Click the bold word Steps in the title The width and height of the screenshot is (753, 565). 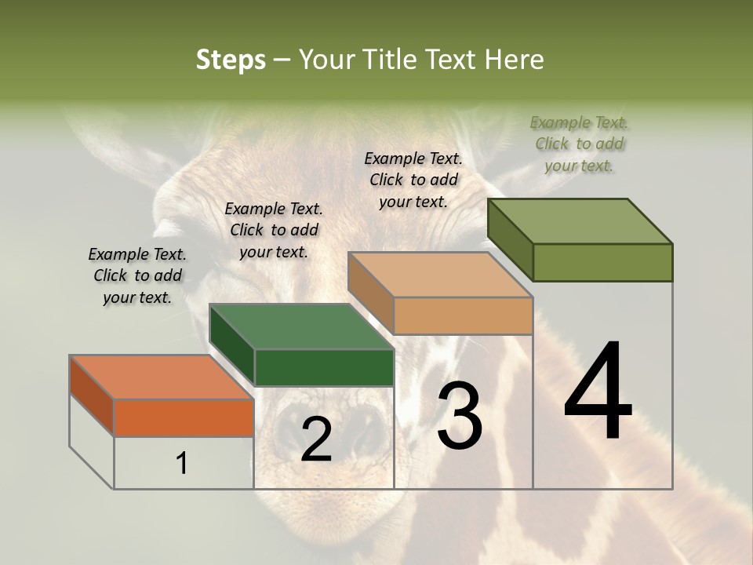231,60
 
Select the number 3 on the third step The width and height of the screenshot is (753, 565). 459,415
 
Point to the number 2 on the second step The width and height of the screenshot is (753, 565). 316,439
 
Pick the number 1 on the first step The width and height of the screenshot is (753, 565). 182,464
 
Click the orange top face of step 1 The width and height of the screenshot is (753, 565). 160,377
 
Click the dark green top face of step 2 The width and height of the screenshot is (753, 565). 301,326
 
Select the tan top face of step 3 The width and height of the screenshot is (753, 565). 440,275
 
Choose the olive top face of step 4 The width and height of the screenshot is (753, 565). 580,221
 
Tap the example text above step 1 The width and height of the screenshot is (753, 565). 137,275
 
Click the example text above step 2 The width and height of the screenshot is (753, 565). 274,230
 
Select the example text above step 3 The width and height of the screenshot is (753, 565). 413,180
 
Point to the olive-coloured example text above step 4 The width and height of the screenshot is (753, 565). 579,144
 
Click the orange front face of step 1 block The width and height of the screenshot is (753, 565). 184,417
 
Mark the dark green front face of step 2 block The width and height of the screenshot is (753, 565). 324,367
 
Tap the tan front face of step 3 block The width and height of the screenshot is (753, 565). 463,315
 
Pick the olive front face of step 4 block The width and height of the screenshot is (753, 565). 602,262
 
